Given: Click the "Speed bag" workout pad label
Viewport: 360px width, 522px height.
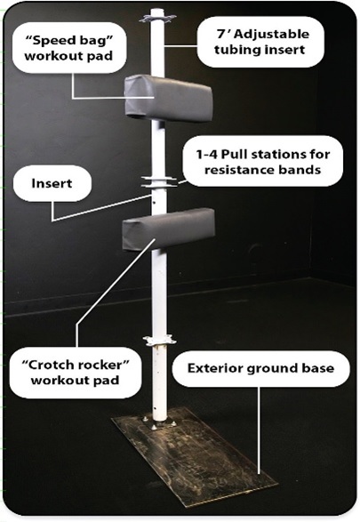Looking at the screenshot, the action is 69,48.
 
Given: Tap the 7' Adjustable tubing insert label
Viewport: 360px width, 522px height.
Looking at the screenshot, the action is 260,42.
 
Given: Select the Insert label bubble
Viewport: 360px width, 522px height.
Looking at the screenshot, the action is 52,183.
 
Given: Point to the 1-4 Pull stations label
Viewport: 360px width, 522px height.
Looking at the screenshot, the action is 262,162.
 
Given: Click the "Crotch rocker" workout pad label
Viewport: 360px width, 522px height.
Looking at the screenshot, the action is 76,373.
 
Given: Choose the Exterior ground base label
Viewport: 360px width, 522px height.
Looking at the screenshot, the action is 260,368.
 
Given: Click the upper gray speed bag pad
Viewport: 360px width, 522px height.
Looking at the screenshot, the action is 168,98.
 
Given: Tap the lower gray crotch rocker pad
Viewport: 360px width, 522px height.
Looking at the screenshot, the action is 169,229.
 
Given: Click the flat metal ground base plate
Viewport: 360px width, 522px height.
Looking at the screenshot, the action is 195,454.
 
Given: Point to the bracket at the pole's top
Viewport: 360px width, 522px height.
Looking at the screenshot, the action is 157,19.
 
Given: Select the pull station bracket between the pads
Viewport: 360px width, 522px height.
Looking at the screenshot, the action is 159,181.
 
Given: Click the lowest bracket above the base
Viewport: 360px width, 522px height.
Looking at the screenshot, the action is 159,341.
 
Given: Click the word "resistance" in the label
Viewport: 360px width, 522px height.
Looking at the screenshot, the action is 236,170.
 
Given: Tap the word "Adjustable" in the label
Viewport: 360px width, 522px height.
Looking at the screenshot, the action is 273,35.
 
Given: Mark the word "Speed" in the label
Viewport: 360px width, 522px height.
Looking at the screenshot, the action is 48,41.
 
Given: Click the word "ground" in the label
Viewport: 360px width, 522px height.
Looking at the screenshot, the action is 267,369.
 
